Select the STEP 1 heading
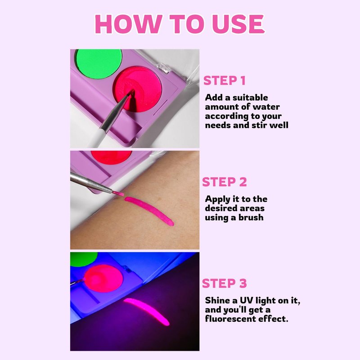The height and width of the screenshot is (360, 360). coord(224,81)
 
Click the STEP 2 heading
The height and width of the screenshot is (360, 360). coord(224,182)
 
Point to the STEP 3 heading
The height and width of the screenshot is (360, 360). coord(224,283)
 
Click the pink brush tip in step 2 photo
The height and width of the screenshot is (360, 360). coord(118,193)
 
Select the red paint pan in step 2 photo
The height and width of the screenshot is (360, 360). coord(111,157)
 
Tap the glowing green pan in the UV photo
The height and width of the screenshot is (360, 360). coord(84,259)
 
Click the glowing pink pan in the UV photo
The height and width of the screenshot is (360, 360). coord(104,278)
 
